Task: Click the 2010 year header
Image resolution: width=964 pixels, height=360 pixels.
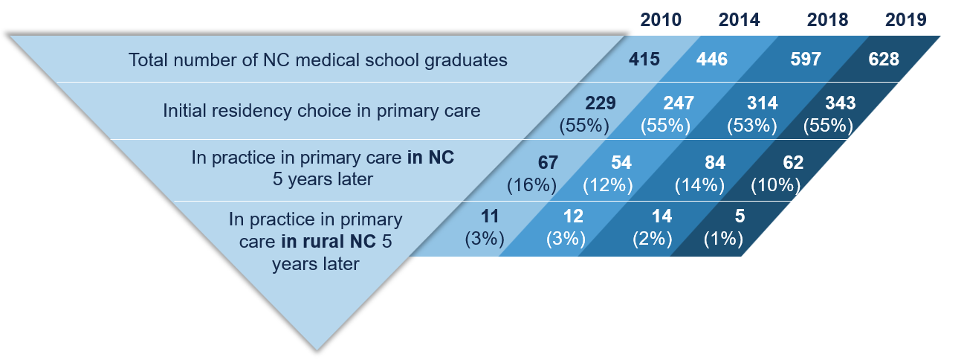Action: [x=661, y=20]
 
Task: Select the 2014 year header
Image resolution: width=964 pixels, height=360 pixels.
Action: [x=739, y=20]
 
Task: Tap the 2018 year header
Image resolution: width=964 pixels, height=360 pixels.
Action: [x=827, y=20]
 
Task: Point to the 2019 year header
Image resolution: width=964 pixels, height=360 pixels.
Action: [x=905, y=20]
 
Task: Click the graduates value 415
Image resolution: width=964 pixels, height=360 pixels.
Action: [x=644, y=59]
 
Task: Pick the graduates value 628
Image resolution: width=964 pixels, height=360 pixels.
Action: [x=884, y=59]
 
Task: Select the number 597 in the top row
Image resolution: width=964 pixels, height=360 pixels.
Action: [x=806, y=59]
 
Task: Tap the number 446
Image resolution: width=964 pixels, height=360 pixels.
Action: [x=712, y=59]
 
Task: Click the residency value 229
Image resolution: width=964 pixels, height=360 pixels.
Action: [x=601, y=103]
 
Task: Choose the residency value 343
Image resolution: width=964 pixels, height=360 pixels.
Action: [x=841, y=103]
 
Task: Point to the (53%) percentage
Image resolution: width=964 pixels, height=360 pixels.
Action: [x=752, y=126]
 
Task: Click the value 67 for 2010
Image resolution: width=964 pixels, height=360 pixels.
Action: [x=548, y=163]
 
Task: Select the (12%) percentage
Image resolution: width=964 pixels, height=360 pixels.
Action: [x=608, y=185]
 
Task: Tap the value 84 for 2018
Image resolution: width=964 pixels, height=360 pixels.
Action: [x=715, y=163]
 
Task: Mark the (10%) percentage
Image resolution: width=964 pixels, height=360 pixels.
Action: [x=775, y=185]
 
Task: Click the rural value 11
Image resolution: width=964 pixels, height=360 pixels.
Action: [x=490, y=216]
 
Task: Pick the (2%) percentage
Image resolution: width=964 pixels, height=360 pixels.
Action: [x=652, y=239]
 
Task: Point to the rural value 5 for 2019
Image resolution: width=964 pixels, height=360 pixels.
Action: [x=740, y=216]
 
